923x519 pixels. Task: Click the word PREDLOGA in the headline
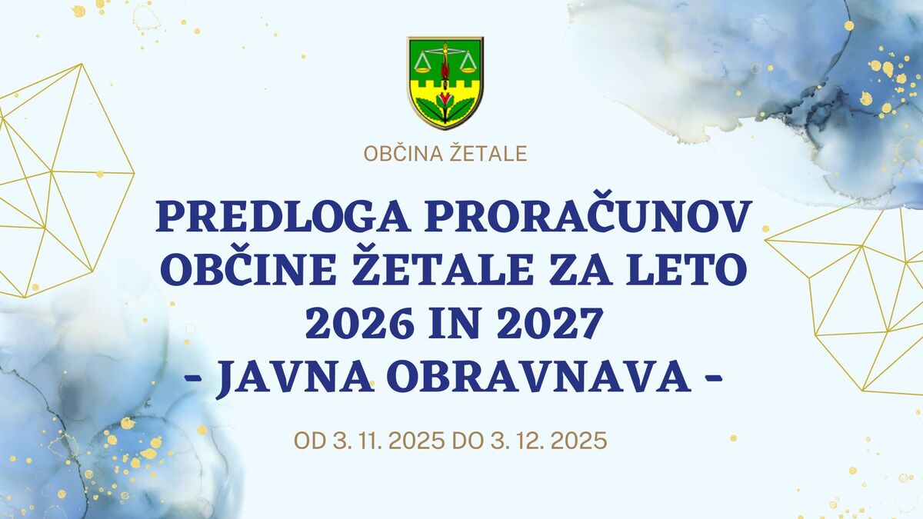[x=282, y=216]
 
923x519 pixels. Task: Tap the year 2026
[x=359, y=324]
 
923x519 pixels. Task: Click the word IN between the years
[x=453, y=324]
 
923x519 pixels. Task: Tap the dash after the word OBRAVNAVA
[x=714, y=378]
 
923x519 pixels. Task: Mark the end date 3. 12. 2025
[x=548, y=441]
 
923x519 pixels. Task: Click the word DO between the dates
[x=468, y=441]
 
